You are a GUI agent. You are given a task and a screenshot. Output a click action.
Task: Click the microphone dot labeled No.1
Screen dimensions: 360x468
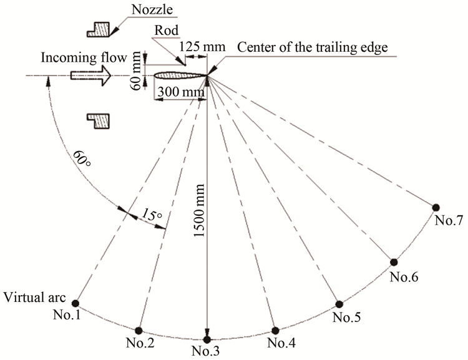click(x=76, y=302)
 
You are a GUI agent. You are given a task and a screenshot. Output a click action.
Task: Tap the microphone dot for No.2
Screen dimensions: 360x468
click(x=139, y=330)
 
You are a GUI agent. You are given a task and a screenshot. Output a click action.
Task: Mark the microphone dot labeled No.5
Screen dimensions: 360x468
click(x=339, y=304)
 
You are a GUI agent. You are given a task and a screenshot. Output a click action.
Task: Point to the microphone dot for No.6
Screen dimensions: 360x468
click(x=394, y=262)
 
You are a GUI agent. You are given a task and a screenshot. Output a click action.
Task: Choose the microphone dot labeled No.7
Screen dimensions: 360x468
click(x=436, y=207)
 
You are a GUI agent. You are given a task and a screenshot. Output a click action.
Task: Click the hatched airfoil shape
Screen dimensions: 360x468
click(x=178, y=77)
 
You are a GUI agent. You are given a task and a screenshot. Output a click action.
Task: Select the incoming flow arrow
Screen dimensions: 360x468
click(x=91, y=76)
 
